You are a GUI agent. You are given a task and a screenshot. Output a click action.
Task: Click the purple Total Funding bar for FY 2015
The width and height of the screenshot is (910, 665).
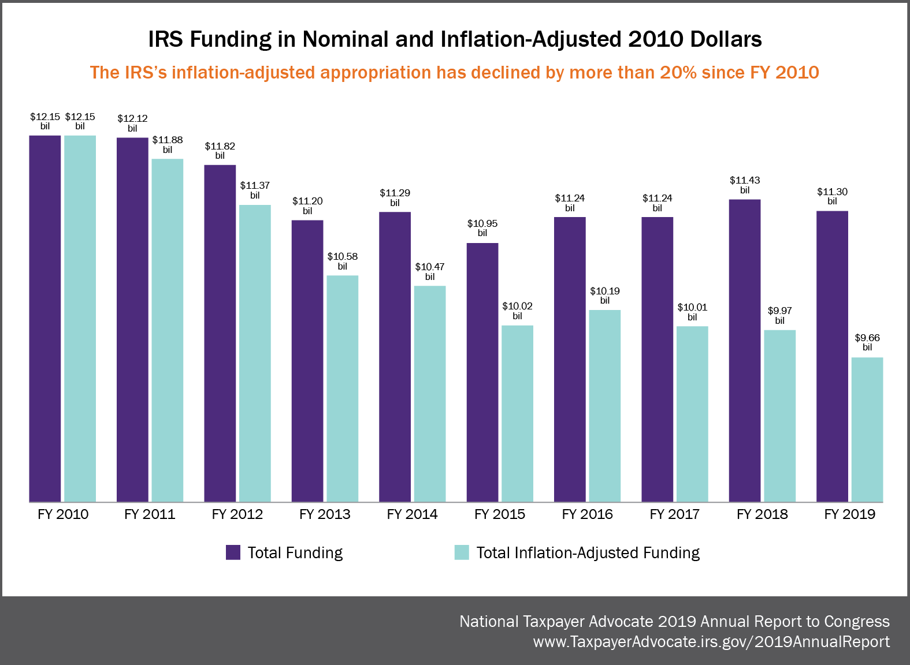click(482, 372)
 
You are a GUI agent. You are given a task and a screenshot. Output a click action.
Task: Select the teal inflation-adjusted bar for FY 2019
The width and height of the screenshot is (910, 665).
click(867, 429)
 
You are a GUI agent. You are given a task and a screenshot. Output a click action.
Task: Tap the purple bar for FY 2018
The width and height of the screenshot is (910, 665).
click(744, 350)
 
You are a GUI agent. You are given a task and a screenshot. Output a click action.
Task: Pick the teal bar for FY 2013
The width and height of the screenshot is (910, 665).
click(342, 388)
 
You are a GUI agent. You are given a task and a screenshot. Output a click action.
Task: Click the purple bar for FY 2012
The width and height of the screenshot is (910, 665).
click(220, 333)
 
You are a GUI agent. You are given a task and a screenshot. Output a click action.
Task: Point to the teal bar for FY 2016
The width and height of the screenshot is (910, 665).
click(604, 406)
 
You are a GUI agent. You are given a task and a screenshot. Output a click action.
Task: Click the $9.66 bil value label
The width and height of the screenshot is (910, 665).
click(867, 342)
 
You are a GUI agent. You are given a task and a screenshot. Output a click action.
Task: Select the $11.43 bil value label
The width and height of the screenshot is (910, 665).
click(744, 185)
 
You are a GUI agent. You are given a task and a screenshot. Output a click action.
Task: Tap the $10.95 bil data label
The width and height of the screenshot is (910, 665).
click(482, 228)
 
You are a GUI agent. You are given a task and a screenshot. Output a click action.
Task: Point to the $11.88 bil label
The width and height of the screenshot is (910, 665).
click(168, 144)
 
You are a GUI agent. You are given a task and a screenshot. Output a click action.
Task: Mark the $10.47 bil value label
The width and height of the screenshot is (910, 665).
click(430, 271)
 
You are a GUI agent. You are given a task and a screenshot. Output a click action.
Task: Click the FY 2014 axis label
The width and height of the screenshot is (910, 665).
click(412, 514)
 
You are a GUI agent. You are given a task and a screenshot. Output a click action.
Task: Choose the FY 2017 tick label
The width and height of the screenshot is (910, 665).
click(674, 514)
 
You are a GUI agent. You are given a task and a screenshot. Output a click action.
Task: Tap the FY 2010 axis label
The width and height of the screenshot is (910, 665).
click(63, 514)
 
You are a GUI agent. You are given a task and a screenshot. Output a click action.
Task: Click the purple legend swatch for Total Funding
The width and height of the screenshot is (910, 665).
click(233, 552)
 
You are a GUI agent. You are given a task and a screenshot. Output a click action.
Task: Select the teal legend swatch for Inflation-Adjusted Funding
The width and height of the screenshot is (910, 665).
click(462, 552)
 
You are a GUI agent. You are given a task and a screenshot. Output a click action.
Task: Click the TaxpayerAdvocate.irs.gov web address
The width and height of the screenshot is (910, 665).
click(711, 642)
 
